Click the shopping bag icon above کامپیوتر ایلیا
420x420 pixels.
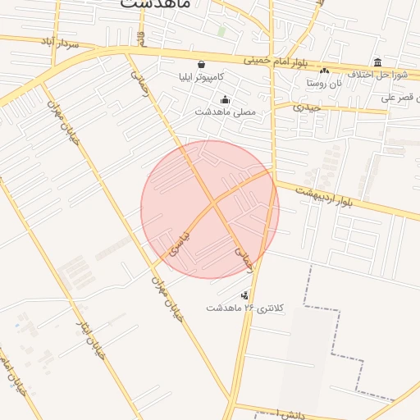[x=201, y=64]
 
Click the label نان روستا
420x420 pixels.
[x=324, y=83]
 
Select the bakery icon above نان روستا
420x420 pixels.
[x=324, y=71]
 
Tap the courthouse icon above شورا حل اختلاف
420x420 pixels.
[x=377, y=62]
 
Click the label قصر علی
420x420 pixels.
[x=400, y=98]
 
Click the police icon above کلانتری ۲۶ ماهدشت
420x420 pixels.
[x=244, y=295]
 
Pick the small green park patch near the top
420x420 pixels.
[x=221, y=31]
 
